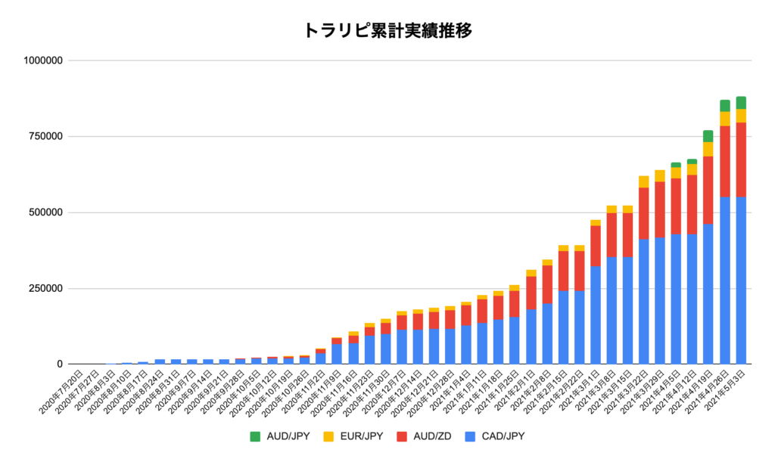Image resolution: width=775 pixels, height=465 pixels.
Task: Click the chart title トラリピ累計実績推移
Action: [387, 30]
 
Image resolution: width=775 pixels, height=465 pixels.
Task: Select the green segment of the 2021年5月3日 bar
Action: [741, 103]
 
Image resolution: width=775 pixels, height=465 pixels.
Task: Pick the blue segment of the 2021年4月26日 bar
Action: [725, 281]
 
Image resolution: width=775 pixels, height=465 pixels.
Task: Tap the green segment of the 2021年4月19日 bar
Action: [708, 136]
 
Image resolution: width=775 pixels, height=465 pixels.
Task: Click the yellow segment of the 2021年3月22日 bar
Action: [643, 181]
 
